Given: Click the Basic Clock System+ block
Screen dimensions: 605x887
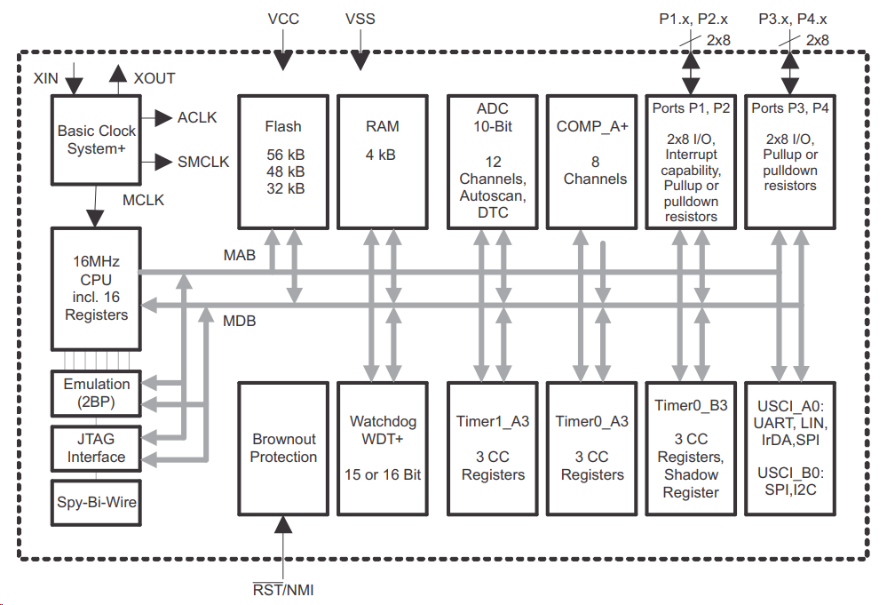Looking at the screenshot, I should tap(97, 140).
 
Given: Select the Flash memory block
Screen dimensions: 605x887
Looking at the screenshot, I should tap(283, 159).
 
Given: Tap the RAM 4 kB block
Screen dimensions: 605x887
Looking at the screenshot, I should tap(383, 159).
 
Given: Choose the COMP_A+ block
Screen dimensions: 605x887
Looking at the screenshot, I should tap(591, 159).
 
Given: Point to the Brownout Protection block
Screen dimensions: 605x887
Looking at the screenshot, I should tap(283, 448).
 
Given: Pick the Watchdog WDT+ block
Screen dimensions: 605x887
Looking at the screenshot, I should tap(383, 448).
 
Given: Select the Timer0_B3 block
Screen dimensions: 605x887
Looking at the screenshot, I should tap(691, 448).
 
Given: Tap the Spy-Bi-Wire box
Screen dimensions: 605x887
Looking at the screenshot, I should tap(97, 502).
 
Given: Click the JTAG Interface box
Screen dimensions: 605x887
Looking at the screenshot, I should tap(97, 448).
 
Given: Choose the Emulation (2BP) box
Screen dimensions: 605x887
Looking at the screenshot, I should tap(97, 394).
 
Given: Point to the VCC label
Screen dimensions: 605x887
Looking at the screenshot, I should tap(284, 19).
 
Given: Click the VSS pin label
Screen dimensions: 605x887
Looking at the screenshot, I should tap(360, 19).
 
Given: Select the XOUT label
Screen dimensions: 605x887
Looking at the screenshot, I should tap(154, 78).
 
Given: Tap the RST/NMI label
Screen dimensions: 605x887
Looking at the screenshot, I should tap(283, 590).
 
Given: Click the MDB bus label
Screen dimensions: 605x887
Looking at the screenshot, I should tap(239, 321).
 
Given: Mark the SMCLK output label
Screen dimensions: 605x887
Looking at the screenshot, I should tap(203, 162).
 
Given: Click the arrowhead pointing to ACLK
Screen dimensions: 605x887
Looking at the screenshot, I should tap(163, 117).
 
